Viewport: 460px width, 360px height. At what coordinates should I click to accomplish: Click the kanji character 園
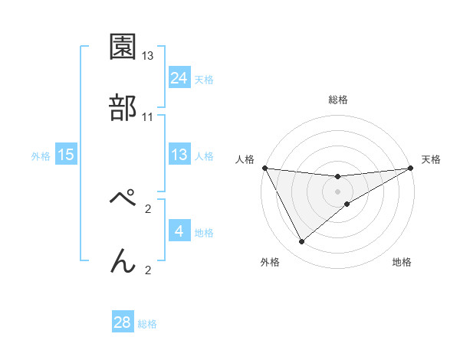123,47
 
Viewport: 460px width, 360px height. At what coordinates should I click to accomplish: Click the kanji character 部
123,108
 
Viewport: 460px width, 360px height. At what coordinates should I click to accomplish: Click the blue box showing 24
179,78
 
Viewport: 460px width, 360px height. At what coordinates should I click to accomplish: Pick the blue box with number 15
66,155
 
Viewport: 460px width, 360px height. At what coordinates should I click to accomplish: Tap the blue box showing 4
179,231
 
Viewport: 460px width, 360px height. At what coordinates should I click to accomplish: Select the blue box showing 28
123,322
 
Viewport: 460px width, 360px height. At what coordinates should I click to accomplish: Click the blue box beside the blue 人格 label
179,155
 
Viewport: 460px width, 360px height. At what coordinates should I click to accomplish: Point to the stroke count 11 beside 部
148,117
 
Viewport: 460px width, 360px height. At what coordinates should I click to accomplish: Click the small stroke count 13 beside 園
148,56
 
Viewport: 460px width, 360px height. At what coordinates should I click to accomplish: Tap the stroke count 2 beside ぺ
148,208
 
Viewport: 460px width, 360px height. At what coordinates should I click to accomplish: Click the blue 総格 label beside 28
147,324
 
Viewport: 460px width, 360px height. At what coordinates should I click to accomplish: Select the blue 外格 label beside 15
41,156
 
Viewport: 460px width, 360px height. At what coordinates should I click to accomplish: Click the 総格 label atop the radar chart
338,100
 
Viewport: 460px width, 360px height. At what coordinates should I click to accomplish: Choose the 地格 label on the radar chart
402,262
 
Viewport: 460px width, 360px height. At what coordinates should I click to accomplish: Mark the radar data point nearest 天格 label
411,168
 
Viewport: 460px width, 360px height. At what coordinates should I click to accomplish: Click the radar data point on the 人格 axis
264,168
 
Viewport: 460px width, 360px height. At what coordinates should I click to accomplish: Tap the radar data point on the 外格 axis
301,242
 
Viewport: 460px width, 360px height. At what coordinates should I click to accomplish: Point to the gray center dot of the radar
338,191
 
